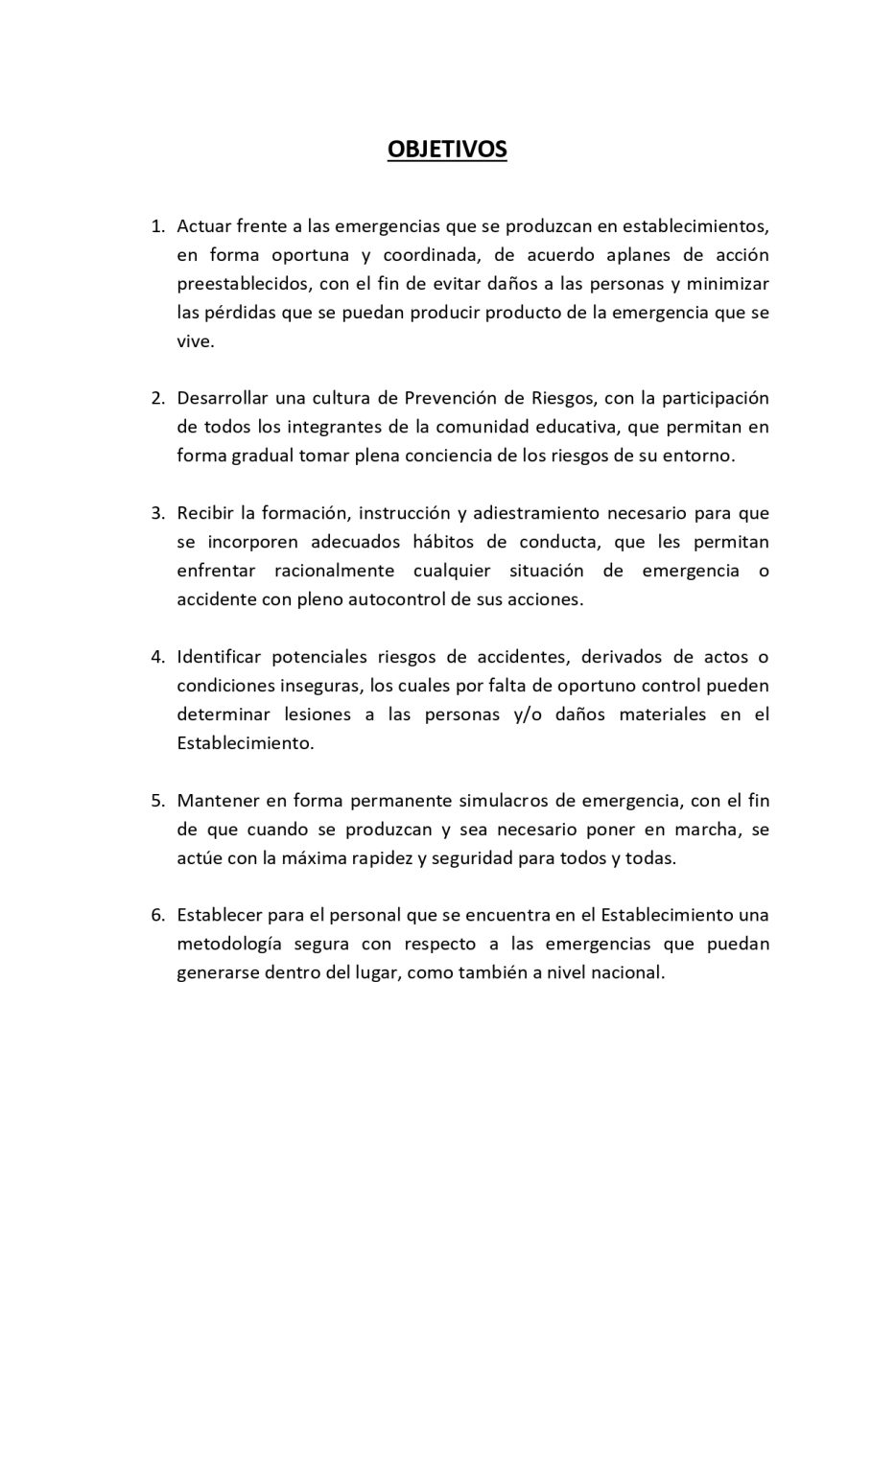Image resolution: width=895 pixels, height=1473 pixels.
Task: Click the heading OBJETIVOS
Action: tap(447, 150)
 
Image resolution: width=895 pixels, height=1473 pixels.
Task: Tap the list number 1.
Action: tap(156, 226)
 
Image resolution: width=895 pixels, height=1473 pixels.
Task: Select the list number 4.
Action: tap(156, 657)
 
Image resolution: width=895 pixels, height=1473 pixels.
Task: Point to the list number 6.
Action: tap(156, 915)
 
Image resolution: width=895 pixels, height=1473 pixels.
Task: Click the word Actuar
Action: tap(203, 226)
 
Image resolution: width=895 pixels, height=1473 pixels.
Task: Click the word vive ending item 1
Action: tap(195, 341)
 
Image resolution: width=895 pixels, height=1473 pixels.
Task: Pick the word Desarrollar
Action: tap(222, 398)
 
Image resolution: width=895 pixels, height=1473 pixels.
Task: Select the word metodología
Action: tap(229, 944)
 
